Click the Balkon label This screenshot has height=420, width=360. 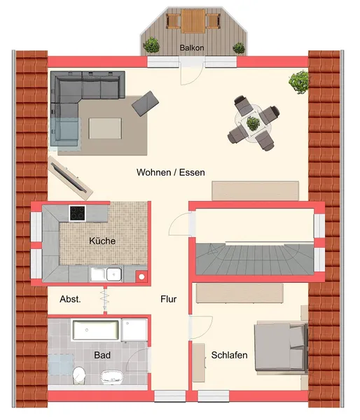(x=192, y=48)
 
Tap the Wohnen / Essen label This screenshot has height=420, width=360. (x=171, y=172)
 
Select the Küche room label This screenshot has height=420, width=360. (x=102, y=241)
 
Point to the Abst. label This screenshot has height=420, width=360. (x=70, y=299)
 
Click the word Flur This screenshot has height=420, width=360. (x=169, y=299)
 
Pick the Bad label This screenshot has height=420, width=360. (x=102, y=355)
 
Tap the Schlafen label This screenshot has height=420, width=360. (x=229, y=355)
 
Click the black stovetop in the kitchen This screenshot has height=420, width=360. (x=78, y=213)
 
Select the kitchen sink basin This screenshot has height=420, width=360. (x=114, y=274)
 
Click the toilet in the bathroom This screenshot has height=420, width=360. (x=79, y=374)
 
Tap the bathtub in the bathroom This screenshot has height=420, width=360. (x=96, y=330)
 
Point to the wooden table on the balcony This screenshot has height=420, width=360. (x=193, y=21)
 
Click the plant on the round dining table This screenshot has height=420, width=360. (x=253, y=123)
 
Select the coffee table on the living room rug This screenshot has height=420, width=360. (x=105, y=128)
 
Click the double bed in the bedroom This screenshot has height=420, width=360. (x=281, y=347)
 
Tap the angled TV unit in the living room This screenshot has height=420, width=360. (x=71, y=177)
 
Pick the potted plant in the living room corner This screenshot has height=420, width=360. (x=298, y=82)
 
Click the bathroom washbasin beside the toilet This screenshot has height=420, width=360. (x=112, y=377)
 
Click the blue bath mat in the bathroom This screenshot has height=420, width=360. (x=61, y=365)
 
